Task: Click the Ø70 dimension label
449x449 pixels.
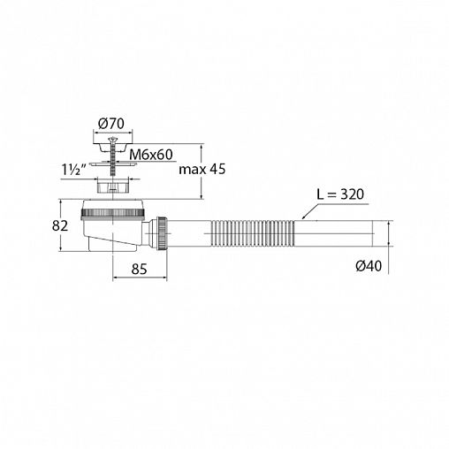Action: point(111,124)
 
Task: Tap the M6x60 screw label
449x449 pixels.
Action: point(151,155)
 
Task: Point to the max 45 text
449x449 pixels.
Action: point(202,170)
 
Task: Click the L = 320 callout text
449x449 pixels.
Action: point(340,194)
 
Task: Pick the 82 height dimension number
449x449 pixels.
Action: point(60,226)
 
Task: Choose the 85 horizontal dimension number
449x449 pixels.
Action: point(139,269)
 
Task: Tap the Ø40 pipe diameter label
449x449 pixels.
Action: point(369,266)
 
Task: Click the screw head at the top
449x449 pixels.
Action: point(112,139)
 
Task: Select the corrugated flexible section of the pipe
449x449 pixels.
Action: point(253,233)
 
